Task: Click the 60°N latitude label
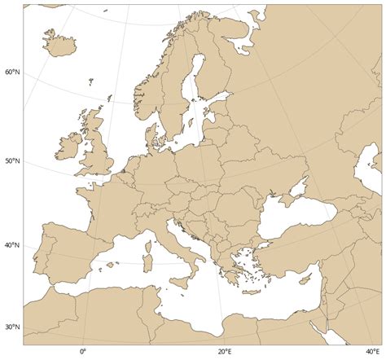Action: [12, 72]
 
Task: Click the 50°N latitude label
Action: [12, 161]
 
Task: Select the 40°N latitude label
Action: [12, 245]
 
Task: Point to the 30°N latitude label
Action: [12, 327]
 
